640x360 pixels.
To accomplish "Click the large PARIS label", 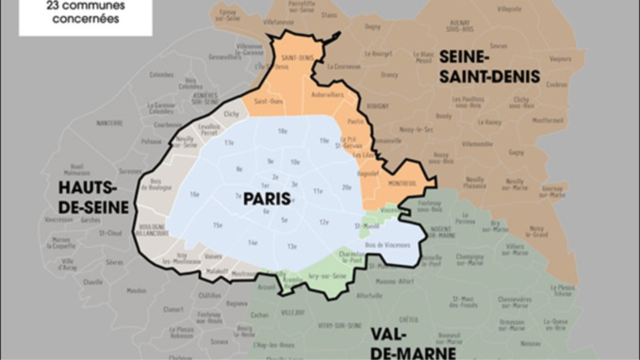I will point(266,199).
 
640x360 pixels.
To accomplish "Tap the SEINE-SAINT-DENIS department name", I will point(489,67).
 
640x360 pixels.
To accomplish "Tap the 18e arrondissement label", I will point(282,131).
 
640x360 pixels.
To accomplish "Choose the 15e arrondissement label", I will point(218,224).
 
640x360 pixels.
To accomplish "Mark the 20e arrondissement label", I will point(346,187).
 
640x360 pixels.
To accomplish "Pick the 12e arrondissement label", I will point(323,221).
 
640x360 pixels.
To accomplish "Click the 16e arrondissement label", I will point(195,194).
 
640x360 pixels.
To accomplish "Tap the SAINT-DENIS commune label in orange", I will point(299,57).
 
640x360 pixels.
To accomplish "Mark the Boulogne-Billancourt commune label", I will point(150,229).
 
